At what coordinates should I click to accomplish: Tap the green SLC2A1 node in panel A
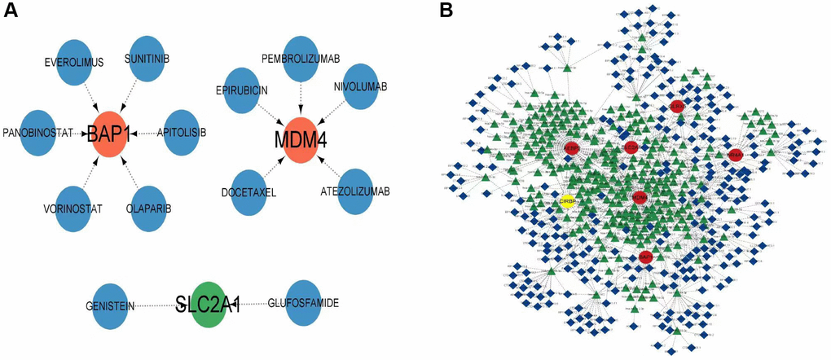pos(210,305)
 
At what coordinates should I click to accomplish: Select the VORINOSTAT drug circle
pos(72,209)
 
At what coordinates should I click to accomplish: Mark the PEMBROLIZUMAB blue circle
pos(301,59)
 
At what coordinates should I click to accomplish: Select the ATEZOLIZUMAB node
pos(360,191)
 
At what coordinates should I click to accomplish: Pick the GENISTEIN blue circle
pos(110,305)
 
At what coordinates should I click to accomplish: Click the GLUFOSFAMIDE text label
pos(302,304)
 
